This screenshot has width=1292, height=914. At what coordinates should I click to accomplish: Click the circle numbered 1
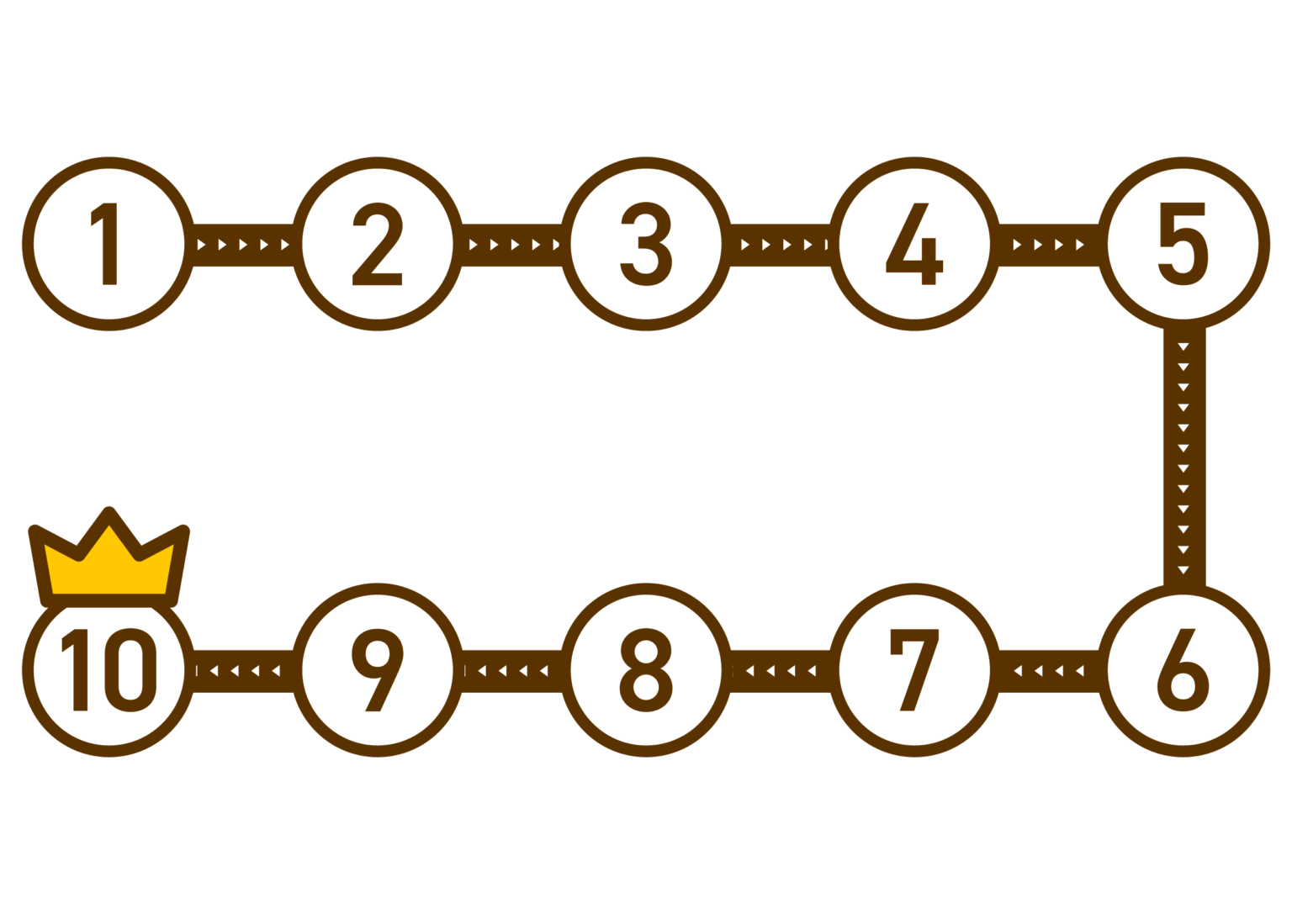pos(109,243)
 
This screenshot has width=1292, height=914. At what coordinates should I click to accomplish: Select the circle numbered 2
pos(377,243)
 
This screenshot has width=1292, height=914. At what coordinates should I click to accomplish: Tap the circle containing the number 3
pos(646,243)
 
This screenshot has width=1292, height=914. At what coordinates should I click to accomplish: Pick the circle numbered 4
pos(914,243)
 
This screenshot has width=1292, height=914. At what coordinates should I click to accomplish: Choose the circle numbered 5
pos(1183,243)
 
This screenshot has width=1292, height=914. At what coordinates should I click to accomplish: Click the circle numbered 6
pos(1183,670)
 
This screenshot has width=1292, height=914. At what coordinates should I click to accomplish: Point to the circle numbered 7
pos(914,670)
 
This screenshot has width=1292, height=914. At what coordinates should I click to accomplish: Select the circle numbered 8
pos(646,670)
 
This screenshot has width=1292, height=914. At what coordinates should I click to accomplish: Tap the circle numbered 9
pos(377,670)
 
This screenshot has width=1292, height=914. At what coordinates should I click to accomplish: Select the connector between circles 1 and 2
pos(243,245)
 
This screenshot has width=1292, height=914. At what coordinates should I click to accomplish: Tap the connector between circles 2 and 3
pos(511,245)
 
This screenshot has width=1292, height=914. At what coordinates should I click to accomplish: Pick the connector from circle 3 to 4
pos(780,245)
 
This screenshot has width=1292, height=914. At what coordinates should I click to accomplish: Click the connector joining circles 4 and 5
pos(1049,245)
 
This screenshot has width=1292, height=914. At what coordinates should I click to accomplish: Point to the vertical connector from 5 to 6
pos(1184,457)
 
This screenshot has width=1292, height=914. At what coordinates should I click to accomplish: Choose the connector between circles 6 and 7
pos(1049,671)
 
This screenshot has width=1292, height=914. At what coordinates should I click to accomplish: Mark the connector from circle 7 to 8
pos(780,671)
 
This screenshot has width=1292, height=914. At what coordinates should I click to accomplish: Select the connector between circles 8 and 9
pos(511,671)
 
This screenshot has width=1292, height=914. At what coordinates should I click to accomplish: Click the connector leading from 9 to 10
pos(243,671)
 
